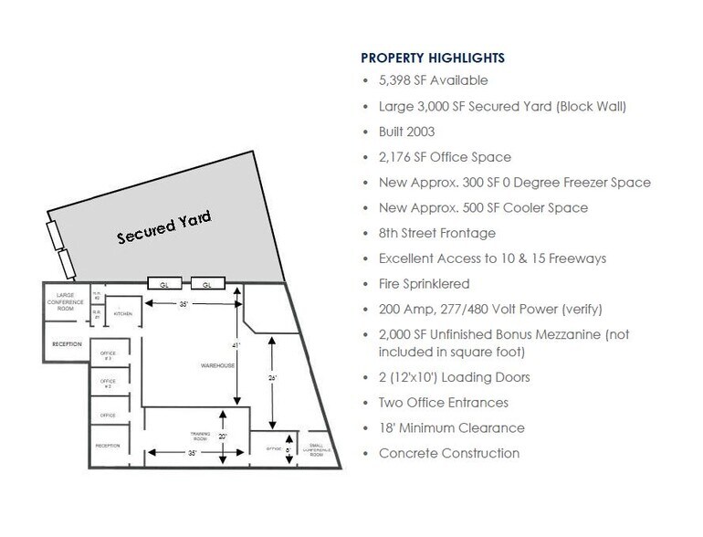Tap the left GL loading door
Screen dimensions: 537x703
(x=165, y=284)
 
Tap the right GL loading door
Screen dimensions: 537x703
(x=207, y=284)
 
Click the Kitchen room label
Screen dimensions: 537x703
(x=123, y=313)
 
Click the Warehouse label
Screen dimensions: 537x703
(x=218, y=365)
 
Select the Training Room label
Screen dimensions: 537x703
(x=201, y=436)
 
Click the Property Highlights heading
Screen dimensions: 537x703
(x=433, y=58)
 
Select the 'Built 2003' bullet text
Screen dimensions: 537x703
(x=411, y=132)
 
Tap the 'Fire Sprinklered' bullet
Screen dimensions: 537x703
(x=424, y=284)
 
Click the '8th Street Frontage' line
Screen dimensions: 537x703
(x=436, y=234)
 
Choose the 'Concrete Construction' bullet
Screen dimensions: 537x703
(x=449, y=453)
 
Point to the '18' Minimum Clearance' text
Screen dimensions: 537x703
(x=452, y=427)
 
